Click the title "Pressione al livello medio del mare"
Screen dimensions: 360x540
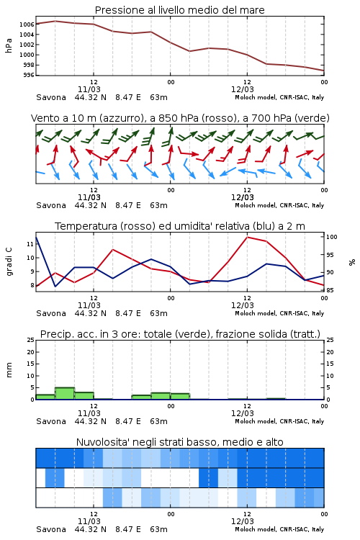point(179,10)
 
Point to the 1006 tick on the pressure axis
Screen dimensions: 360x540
point(27,24)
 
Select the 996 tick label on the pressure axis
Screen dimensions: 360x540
point(29,75)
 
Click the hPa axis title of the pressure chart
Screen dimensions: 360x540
point(9,45)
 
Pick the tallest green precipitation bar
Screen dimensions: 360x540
point(65,394)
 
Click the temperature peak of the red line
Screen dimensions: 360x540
point(247,237)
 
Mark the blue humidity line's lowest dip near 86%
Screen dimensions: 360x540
point(55,286)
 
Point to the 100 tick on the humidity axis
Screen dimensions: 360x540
point(332,237)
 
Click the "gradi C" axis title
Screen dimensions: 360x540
point(9,261)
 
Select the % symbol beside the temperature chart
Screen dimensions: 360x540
point(352,262)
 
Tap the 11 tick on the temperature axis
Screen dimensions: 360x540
point(30,244)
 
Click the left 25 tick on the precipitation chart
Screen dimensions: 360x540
point(31,340)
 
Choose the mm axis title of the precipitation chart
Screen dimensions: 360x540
point(9,370)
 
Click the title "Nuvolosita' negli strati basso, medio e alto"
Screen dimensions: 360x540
point(179,442)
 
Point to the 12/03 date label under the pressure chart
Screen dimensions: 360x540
point(243,89)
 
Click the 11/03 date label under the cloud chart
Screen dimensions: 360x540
point(89,521)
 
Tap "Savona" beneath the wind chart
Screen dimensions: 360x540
point(51,205)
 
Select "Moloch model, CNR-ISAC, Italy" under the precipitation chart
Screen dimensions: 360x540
point(279,421)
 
